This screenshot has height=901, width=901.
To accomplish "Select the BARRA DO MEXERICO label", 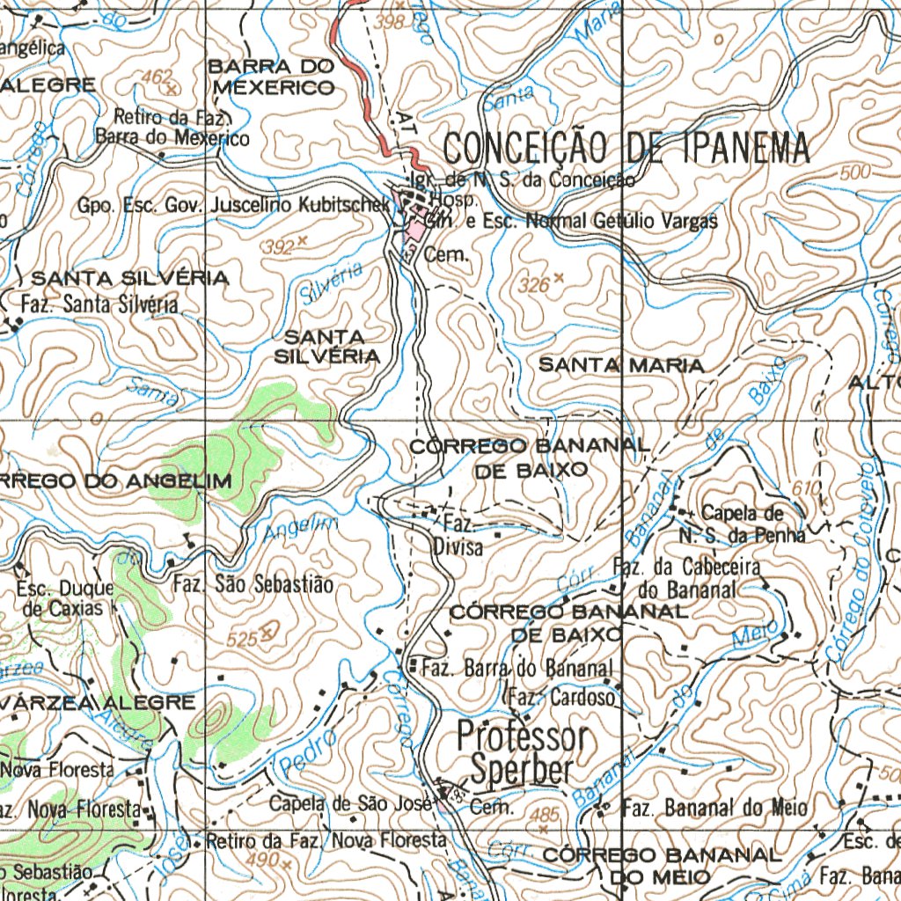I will (x=273, y=77).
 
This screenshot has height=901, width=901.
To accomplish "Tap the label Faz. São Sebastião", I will (x=253, y=583).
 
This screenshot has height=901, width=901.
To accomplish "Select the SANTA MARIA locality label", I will (x=620, y=364).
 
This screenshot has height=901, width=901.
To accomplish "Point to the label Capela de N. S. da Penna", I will (x=741, y=524).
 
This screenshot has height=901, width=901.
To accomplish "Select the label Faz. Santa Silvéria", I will (x=99, y=305).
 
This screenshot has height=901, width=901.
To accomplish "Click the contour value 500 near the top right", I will (x=854, y=173).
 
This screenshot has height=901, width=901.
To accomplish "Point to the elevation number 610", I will (x=805, y=487).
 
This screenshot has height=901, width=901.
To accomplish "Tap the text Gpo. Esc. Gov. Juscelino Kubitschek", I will (x=233, y=205).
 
